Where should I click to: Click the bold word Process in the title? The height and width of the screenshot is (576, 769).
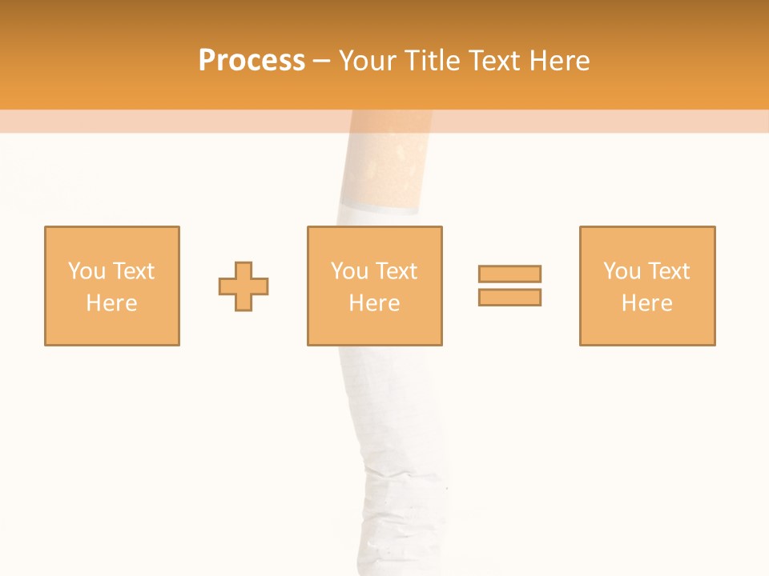click(252, 61)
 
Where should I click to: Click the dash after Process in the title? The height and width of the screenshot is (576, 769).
click(321, 61)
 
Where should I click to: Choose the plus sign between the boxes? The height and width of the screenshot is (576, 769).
click(244, 286)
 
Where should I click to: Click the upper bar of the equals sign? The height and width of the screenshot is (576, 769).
click(509, 274)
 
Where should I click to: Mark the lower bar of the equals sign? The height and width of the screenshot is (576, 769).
click(509, 297)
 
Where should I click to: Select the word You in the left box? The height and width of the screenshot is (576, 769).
click(87, 271)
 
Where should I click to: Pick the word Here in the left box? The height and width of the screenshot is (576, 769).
click(111, 303)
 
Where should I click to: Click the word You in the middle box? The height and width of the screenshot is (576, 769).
click(349, 271)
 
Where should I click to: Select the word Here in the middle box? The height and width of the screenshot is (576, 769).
click(374, 303)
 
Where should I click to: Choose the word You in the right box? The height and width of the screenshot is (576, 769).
click(622, 271)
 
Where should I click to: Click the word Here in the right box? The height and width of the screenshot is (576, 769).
click(646, 303)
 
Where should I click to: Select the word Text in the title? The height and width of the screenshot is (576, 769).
click(490, 61)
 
